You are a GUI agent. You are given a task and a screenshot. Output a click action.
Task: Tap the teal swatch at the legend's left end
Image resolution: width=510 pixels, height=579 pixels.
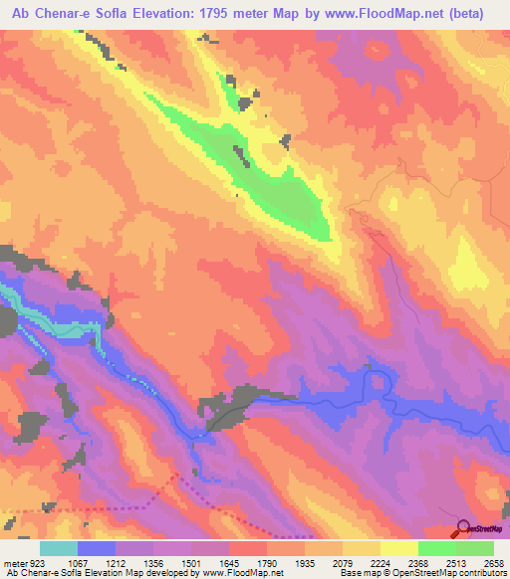click(59, 548)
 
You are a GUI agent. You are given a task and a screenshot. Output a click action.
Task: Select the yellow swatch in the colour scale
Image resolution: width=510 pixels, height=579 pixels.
click(398, 548)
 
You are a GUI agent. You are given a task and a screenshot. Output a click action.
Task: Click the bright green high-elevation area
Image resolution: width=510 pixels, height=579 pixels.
click(279, 189)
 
